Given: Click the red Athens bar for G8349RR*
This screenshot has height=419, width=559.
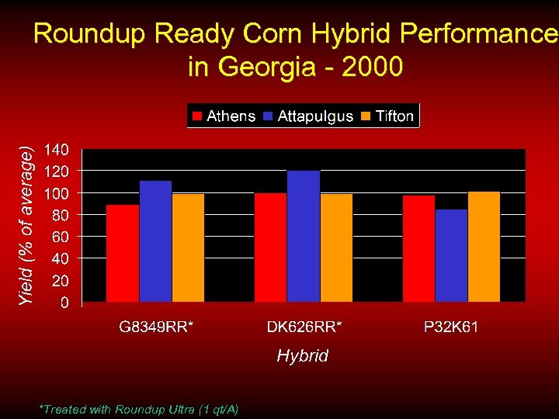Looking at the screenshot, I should pos(123,253).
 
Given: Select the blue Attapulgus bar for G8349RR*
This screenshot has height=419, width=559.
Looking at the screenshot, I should pos(155,241).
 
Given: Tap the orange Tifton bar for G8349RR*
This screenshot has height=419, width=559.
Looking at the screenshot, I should pos(188,248).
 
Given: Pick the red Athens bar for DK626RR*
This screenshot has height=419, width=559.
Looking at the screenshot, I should pos(270,247).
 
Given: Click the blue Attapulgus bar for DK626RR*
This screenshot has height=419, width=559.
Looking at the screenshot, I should pos(304,236).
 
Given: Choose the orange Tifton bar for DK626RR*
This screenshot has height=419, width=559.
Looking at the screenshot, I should pos(336,248).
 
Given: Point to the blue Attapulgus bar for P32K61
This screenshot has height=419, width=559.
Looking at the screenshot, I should pos(451,255).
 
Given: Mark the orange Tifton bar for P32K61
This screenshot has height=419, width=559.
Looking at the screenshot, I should pos(484,246).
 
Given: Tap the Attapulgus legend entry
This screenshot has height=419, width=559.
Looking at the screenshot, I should pos(308,116).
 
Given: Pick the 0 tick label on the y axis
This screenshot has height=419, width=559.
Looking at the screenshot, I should pos(65,302).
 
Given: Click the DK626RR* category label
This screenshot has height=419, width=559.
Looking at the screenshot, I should pos(304,327).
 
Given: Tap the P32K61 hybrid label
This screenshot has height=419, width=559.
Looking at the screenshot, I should pos(451,327).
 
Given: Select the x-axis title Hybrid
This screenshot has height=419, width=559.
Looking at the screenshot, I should pos(303,355).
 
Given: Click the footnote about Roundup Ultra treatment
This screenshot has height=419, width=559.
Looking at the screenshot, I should pos(138,409).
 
